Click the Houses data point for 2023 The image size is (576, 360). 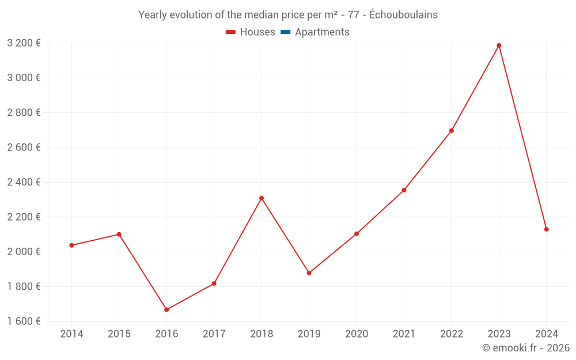[499, 46]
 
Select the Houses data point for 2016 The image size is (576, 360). [166, 310]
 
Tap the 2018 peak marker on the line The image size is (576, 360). [262, 198]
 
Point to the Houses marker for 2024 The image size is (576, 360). [546, 229]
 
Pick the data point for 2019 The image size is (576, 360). [309, 273]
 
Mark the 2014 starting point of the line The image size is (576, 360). [71, 245]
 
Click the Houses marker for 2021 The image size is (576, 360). [404, 190]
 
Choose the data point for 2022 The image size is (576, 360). [452, 131]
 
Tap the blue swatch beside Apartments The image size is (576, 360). [285, 32]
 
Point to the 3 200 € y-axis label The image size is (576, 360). [24, 43]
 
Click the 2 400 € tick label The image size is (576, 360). [24, 182]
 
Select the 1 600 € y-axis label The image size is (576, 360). [24, 321]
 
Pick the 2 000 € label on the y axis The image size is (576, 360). [24, 252]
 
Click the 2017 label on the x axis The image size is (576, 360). [214, 334]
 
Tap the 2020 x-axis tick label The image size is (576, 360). [357, 334]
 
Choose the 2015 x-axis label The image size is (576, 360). [119, 334]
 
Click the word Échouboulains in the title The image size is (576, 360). [403, 15]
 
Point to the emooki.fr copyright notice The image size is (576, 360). [525, 348]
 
